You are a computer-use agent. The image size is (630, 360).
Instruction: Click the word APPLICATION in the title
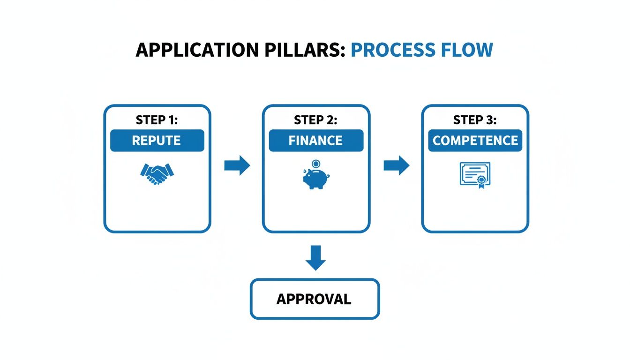[x=197, y=50]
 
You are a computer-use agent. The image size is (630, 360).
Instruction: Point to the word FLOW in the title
[x=467, y=50]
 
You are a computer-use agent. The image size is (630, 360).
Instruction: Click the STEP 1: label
[x=157, y=120]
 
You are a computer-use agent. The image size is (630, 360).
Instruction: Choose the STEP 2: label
[x=315, y=120]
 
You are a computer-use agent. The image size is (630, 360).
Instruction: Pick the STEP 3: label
[x=475, y=120]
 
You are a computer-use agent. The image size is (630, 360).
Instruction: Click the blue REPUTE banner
[x=157, y=140]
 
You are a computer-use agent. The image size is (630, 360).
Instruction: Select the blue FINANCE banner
[x=316, y=140]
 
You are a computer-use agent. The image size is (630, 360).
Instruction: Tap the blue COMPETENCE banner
[x=475, y=140]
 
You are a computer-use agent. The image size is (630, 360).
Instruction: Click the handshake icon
[x=157, y=173]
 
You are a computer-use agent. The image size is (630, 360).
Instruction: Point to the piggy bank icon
[x=316, y=178]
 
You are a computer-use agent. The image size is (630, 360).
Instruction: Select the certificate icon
[x=475, y=175]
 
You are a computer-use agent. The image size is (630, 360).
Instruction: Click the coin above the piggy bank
[x=316, y=164]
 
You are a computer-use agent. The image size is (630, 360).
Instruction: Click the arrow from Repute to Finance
[x=237, y=165]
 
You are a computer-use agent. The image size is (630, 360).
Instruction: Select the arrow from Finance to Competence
[x=397, y=165]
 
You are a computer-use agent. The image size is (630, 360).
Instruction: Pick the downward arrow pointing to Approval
[x=315, y=258]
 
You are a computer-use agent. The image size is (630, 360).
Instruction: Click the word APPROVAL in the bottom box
[x=314, y=299]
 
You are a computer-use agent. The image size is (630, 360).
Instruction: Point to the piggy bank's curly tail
[x=328, y=176]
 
